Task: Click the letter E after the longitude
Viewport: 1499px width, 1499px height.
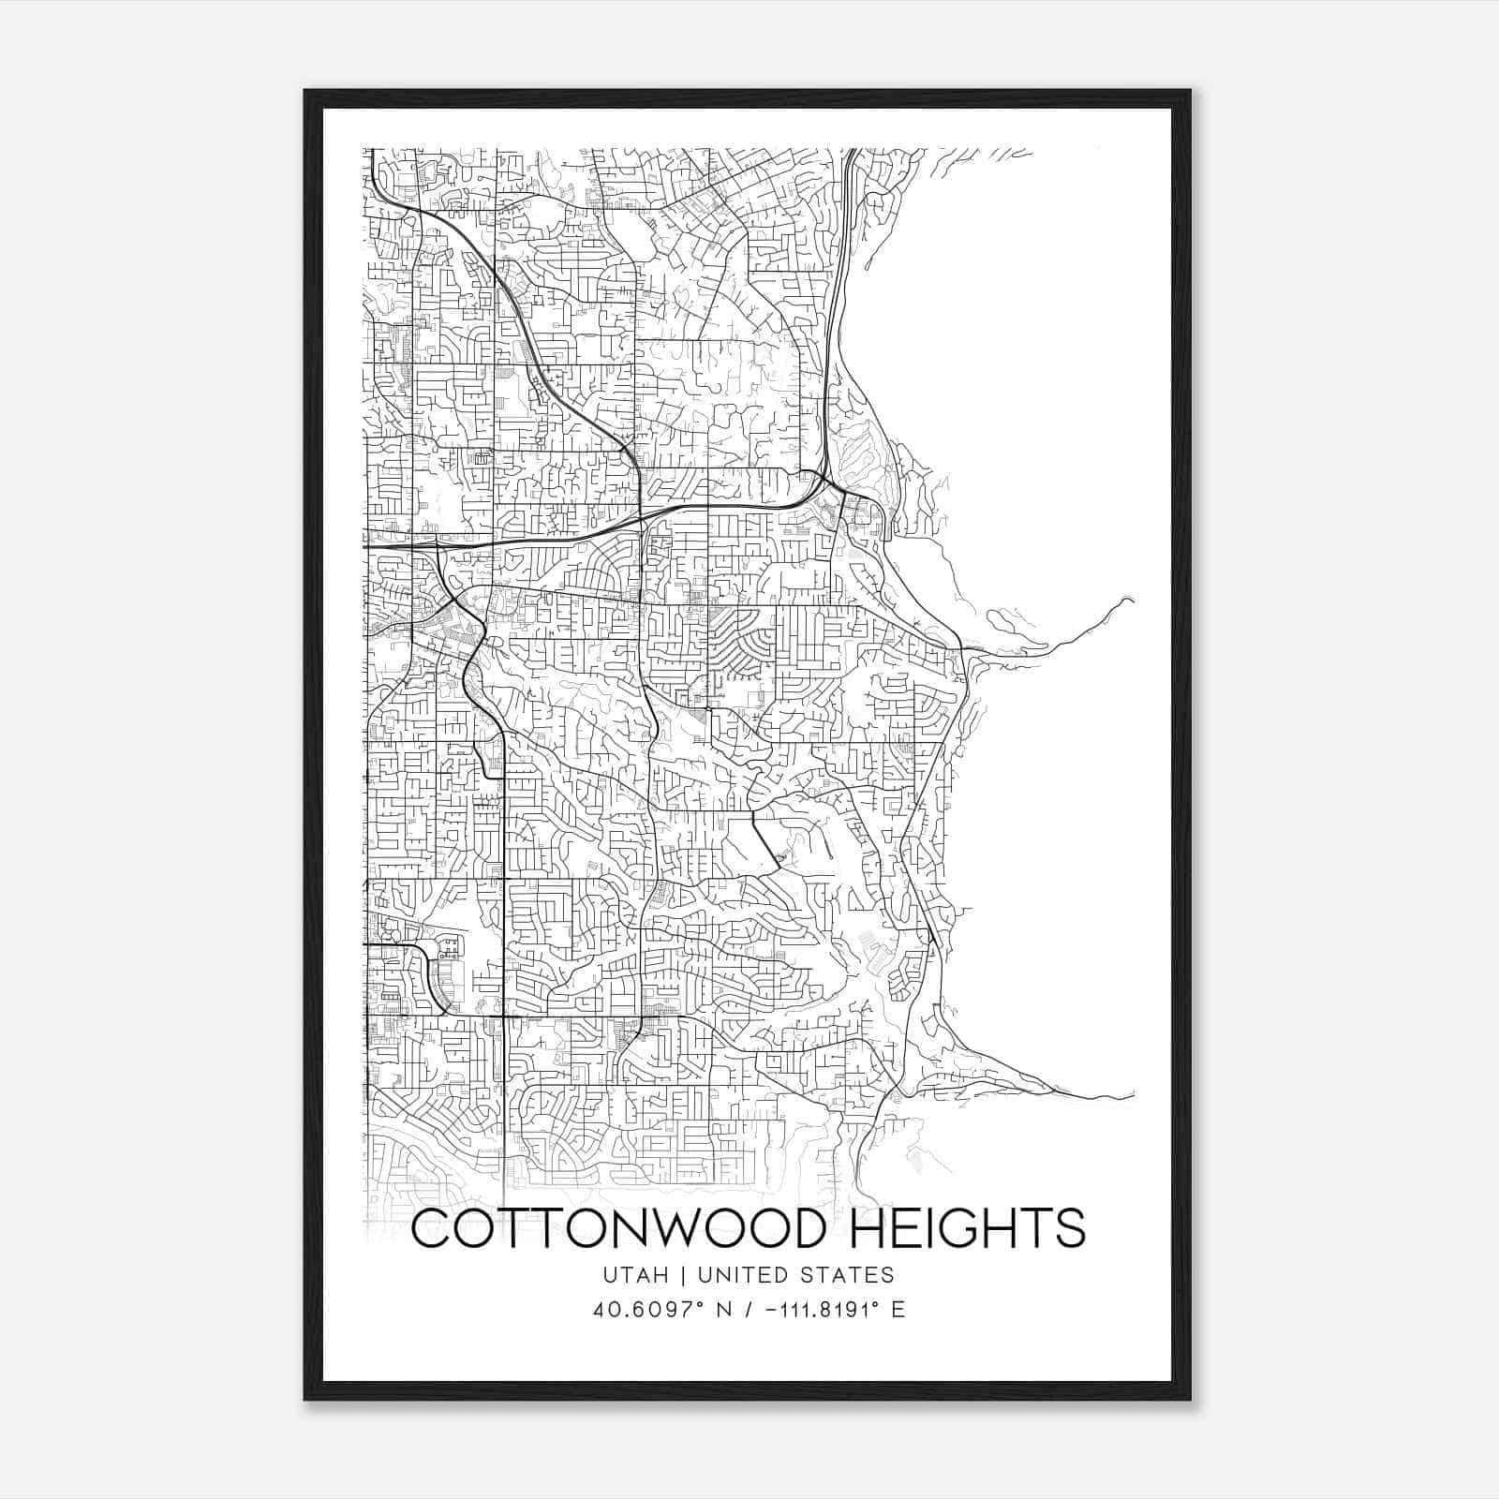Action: coord(898,1310)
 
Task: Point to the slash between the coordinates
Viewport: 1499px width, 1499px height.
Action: coord(747,1310)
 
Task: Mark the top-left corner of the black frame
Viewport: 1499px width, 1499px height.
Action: coord(305,91)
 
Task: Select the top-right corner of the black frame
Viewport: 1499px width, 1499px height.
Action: coord(1191,91)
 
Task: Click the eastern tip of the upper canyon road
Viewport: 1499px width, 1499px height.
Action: coord(1133,600)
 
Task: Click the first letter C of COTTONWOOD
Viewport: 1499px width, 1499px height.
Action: coord(433,1229)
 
